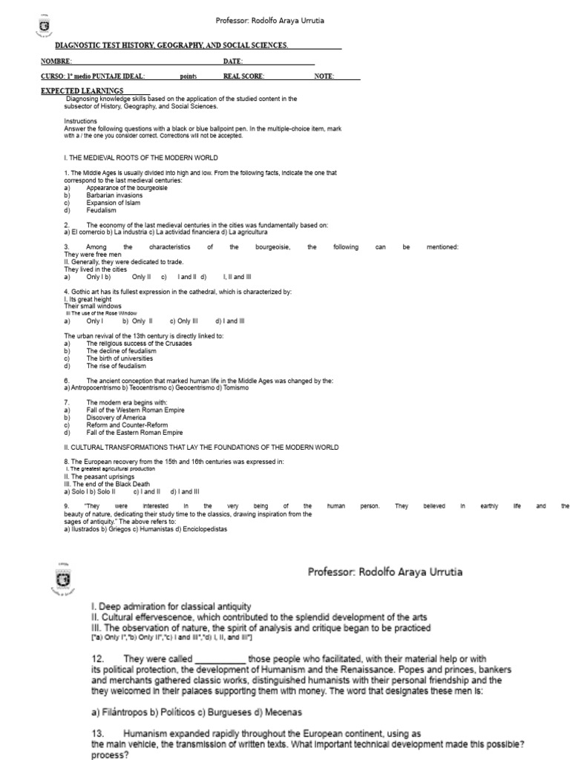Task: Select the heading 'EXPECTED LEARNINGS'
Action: click(92, 91)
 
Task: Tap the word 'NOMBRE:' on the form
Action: click(56, 61)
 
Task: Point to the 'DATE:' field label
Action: click(233, 61)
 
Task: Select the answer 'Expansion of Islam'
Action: click(112, 203)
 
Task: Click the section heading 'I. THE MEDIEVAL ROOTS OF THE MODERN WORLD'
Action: click(141, 158)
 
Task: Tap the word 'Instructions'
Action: click(80, 120)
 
